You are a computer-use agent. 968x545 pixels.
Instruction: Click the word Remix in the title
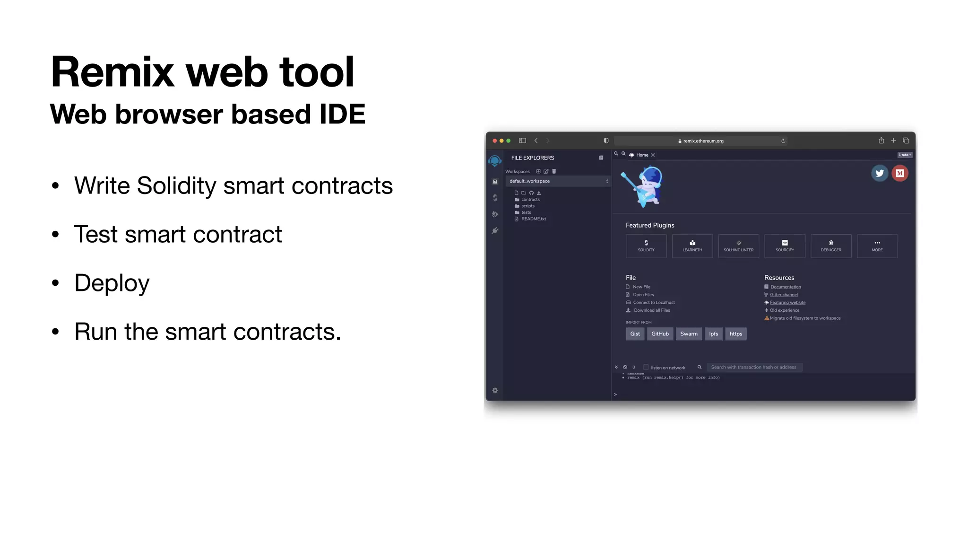pyautogui.click(x=112, y=72)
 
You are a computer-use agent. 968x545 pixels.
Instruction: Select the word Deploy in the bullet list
pyautogui.click(x=112, y=283)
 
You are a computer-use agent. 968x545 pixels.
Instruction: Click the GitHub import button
pyautogui.click(x=660, y=334)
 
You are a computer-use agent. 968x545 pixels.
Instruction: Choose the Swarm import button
pyautogui.click(x=689, y=334)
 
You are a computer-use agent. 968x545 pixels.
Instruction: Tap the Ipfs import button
pyautogui.click(x=713, y=334)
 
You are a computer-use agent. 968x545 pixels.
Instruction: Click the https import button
pyautogui.click(x=735, y=334)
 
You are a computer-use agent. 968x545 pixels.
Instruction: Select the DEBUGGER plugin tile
pyautogui.click(x=831, y=246)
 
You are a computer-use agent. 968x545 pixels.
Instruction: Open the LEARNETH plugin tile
pyautogui.click(x=692, y=246)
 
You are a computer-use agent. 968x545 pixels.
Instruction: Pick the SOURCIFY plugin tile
pyautogui.click(x=785, y=246)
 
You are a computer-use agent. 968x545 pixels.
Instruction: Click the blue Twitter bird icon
pyautogui.click(x=879, y=173)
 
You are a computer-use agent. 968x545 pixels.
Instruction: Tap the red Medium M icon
pyautogui.click(x=899, y=173)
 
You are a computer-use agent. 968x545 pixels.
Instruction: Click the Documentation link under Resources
pyautogui.click(x=786, y=287)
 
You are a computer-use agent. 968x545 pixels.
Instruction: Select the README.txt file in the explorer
pyautogui.click(x=533, y=219)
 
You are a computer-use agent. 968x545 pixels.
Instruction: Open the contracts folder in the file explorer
pyautogui.click(x=530, y=200)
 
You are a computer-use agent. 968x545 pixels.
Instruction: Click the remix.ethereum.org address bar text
pyautogui.click(x=703, y=141)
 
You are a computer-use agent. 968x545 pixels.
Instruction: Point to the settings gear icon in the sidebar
pyautogui.click(x=495, y=390)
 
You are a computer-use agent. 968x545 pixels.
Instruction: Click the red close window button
pyautogui.click(x=494, y=141)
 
